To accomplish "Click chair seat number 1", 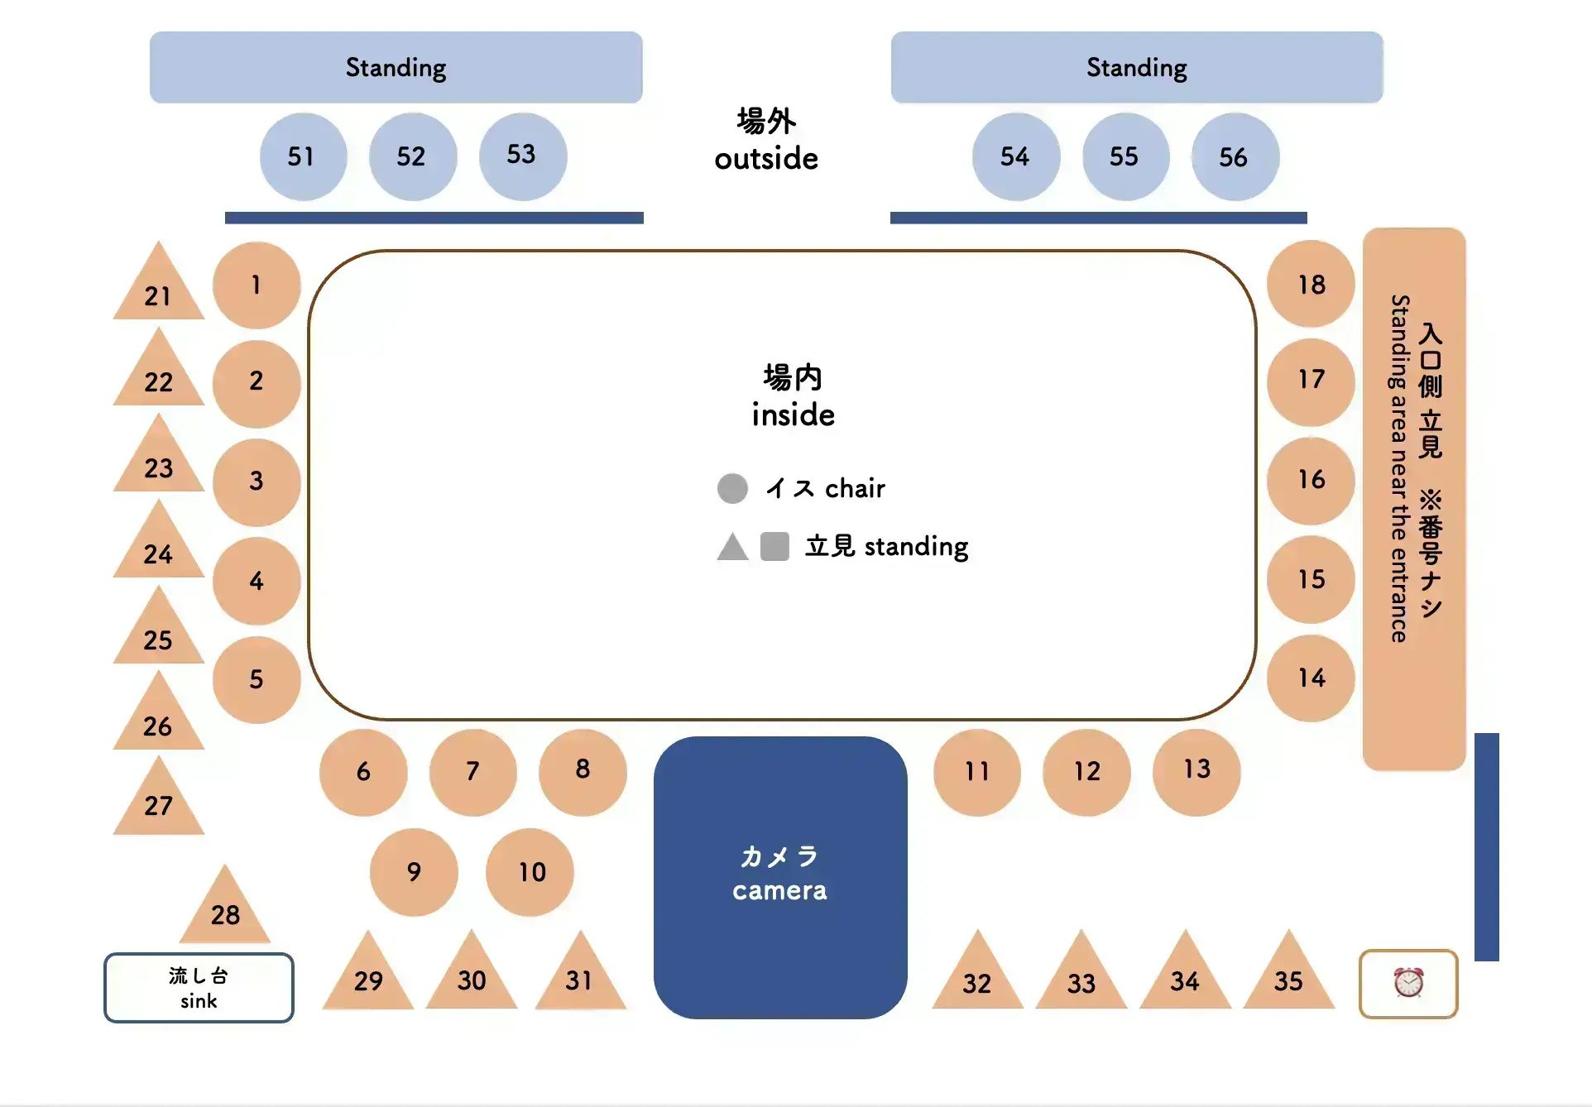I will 257,285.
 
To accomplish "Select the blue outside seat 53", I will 522,156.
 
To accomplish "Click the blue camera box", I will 779,877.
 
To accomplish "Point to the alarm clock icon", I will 1407,983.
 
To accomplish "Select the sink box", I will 199,988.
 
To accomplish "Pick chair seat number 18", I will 1311,285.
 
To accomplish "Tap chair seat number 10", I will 530,872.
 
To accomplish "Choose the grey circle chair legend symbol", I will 732,488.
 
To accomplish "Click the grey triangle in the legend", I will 732,549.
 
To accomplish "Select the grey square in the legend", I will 774,547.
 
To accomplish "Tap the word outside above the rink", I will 766,158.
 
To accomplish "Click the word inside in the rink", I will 793,415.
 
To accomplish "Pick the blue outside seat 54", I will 1015,156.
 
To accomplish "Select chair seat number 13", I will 1196,771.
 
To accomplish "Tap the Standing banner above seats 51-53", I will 396,68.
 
